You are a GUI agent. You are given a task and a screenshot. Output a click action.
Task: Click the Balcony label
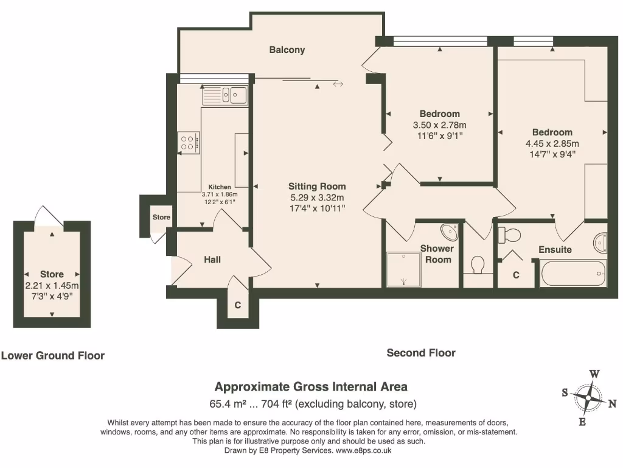pyautogui.click(x=287, y=50)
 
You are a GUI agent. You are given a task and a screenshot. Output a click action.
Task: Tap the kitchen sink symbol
pyautogui.click(x=225, y=96)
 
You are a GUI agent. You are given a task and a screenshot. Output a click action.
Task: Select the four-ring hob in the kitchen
pyautogui.click(x=188, y=143)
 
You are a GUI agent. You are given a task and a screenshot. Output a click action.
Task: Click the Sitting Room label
pyautogui.click(x=317, y=186)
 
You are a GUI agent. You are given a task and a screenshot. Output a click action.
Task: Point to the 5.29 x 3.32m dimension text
pyautogui.click(x=317, y=197)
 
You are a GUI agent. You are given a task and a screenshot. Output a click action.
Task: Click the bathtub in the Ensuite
pyautogui.click(x=573, y=273)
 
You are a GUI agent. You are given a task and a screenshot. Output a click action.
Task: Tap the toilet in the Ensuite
pyautogui.click(x=509, y=235)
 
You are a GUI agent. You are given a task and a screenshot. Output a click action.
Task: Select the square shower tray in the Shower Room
pyautogui.click(x=403, y=269)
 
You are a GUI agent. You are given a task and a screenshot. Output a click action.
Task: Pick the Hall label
pyautogui.click(x=212, y=260)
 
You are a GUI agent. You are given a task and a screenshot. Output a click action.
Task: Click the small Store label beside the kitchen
pyautogui.click(x=161, y=217)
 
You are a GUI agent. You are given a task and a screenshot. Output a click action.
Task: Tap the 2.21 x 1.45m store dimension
pyautogui.click(x=52, y=285)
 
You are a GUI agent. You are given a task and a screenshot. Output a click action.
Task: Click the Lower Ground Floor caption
pyautogui.click(x=53, y=355)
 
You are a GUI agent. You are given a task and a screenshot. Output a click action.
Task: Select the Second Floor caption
pyautogui.click(x=421, y=353)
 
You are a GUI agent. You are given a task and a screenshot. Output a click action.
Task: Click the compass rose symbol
pyautogui.click(x=588, y=397)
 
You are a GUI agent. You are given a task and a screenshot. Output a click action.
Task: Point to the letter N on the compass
pyautogui.click(x=612, y=403)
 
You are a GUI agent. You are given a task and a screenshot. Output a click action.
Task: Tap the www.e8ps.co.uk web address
pyautogui.click(x=364, y=450)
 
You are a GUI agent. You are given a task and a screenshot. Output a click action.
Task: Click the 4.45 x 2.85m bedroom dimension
pyautogui.click(x=552, y=143)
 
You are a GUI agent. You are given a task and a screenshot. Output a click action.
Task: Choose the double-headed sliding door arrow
pyautogui.click(x=338, y=84)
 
